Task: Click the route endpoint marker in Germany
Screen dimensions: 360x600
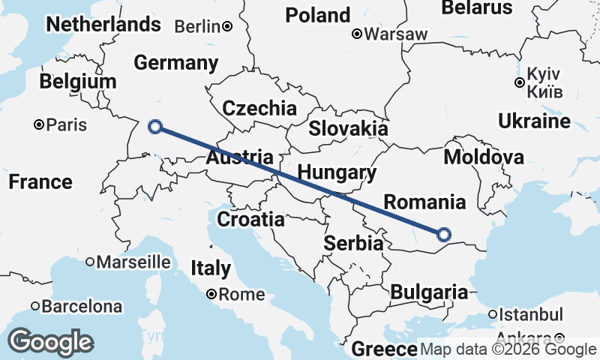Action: click(155, 126)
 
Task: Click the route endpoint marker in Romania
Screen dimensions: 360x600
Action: click(443, 235)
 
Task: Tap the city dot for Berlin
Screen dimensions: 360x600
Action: click(226, 27)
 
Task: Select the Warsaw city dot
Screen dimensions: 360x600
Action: click(358, 34)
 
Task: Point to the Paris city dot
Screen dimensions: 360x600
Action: click(39, 124)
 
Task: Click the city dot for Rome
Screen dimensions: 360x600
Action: click(212, 295)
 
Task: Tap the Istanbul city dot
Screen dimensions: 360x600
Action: click(493, 314)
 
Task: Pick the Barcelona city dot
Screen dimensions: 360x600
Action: click(35, 306)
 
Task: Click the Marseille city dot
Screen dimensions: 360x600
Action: click(90, 262)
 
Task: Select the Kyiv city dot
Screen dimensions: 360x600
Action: click(519, 82)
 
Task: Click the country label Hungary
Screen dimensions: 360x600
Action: click(337, 172)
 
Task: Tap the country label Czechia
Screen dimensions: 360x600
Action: click(259, 107)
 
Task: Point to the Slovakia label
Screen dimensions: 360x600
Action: click(348, 128)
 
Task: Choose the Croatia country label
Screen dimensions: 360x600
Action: click(250, 220)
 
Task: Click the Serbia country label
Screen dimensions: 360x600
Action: click(354, 244)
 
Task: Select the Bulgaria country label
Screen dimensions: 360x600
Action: click(430, 292)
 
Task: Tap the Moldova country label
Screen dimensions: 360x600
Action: click(484, 157)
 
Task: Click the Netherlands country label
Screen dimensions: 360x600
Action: click(103, 24)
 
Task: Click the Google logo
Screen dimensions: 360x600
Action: click(50, 341)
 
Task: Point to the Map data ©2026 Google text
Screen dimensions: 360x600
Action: click(508, 349)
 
